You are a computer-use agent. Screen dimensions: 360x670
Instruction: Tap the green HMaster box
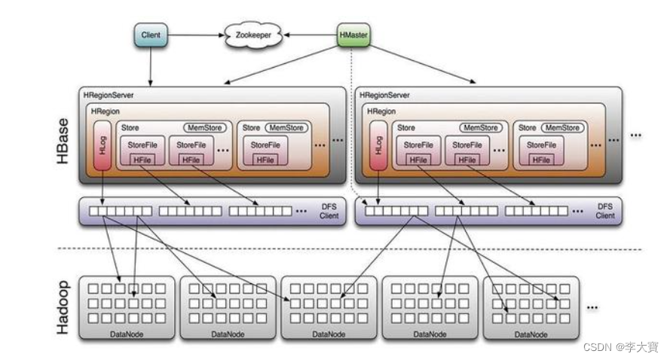tap(353, 35)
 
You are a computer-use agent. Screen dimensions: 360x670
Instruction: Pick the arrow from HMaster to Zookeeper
tap(309, 35)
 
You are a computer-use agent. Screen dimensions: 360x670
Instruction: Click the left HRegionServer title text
tap(109, 96)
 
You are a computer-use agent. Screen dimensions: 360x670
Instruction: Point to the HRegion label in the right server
tap(381, 111)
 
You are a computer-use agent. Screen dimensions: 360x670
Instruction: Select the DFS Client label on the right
tap(605, 211)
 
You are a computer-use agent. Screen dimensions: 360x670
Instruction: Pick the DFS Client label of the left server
tap(329, 211)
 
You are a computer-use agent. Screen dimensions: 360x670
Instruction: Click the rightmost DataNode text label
tap(531, 334)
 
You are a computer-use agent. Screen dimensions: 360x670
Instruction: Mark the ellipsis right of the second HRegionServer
tap(635, 135)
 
